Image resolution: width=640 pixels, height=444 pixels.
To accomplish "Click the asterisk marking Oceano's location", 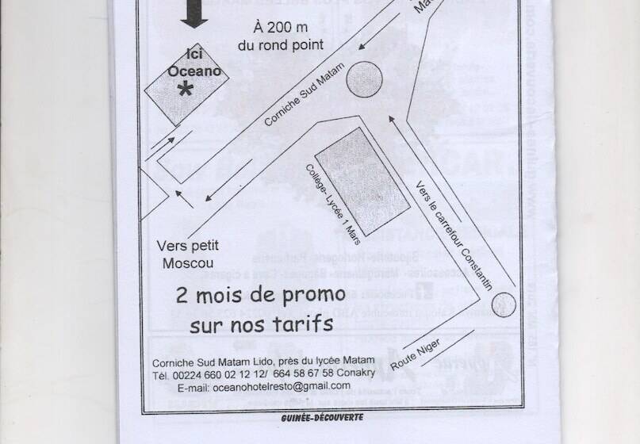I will pyautogui.click(x=185, y=90).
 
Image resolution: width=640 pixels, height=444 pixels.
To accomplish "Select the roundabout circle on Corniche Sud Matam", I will pyautogui.click(x=364, y=78).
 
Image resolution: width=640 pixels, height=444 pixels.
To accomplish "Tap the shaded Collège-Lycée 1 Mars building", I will pyautogui.click(x=363, y=179).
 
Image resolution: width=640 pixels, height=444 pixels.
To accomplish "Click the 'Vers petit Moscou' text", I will pyautogui.click(x=187, y=253).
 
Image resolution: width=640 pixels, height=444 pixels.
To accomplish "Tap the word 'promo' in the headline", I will pyautogui.click(x=309, y=293).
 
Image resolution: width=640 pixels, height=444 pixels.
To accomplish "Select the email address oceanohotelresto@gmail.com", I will pyautogui.click(x=282, y=385).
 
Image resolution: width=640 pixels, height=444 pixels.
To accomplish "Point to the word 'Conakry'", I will pyautogui.click(x=354, y=373).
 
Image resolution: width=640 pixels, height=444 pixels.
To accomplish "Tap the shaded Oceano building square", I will pyautogui.click(x=181, y=86).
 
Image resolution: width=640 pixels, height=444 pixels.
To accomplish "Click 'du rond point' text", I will pyautogui.click(x=281, y=44).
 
